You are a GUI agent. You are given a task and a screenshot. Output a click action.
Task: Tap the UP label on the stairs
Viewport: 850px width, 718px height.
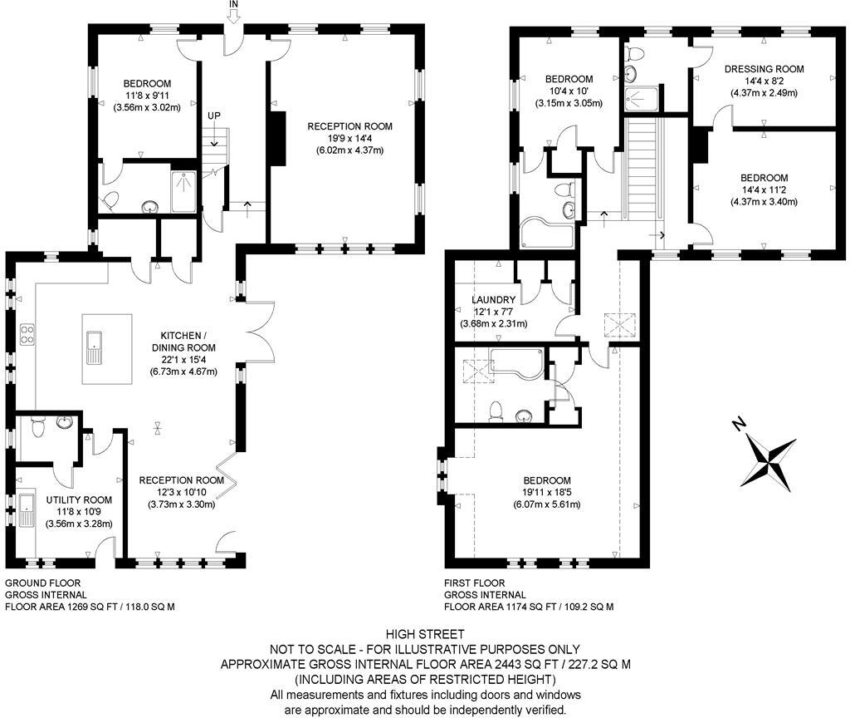pyautogui.click(x=214, y=116)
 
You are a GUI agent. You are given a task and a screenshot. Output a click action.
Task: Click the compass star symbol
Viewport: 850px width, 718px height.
pyautogui.click(x=769, y=462)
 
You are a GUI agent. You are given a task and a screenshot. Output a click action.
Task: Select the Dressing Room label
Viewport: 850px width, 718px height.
pyautogui.click(x=764, y=69)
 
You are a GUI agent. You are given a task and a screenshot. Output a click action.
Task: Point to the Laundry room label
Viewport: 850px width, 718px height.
pyautogui.click(x=493, y=299)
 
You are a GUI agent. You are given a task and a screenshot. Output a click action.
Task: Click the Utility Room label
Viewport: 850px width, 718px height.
pyautogui.click(x=79, y=499)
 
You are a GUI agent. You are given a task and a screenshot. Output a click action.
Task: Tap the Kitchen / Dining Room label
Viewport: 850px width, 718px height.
pyautogui.click(x=183, y=342)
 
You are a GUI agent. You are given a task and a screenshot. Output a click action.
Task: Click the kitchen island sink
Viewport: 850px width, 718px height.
pyautogui.click(x=94, y=347)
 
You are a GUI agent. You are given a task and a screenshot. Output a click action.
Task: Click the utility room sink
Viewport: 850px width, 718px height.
pyautogui.click(x=26, y=509)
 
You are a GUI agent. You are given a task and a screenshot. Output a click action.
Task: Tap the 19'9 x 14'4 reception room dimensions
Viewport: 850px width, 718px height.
pyautogui.click(x=349, y=139)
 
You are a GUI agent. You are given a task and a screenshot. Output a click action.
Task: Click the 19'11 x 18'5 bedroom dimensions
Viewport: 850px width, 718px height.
pyautogui.click(x=547, y=492)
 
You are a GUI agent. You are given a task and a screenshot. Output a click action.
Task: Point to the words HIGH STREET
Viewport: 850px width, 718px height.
pyautogui.click(x=425, y=634)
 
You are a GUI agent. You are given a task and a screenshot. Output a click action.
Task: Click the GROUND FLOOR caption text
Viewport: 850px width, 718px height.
pyautogui.click(x=43, y=583)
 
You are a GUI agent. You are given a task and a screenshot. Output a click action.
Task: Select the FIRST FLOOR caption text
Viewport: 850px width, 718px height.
pyautogui.click(x=474, y=583)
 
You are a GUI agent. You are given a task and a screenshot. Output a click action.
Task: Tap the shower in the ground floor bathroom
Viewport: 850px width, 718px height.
pyautogui.click(x=183, y=192)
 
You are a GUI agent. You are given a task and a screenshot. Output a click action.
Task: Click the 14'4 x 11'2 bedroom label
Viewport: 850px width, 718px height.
pyautogui.click(x=765, y=189)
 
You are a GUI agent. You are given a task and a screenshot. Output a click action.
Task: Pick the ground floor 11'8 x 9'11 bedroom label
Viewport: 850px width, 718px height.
pyautogui.click(x=147, y=96)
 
